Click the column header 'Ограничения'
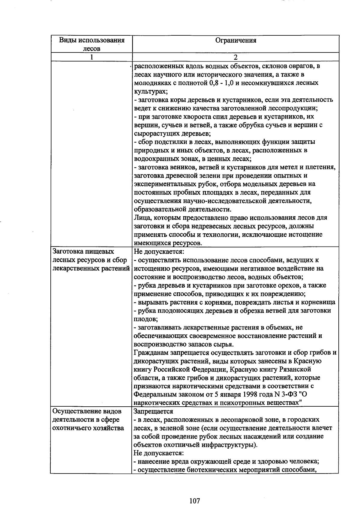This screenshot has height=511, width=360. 236,40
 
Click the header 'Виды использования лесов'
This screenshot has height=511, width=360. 91,44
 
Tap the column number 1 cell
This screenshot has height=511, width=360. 91,57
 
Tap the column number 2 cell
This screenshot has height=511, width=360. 236,57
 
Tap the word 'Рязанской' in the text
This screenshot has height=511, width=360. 295,369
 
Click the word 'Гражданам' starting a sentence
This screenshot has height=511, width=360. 150,352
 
